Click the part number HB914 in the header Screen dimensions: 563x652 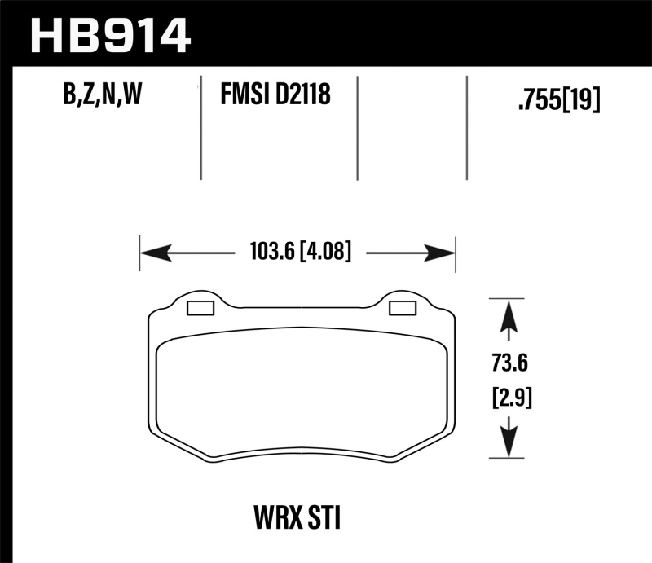click(x=109, y=34)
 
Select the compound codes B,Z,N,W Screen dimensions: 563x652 click(x=102, y=97)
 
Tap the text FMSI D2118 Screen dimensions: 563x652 click(x=275, y=97)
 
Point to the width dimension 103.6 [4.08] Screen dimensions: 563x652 click(x=297, y=253)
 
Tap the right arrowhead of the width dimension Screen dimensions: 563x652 click(x=439, y=253)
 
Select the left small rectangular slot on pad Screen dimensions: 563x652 click(x=200, y=308)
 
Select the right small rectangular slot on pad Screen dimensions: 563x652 click(x=402, y=307)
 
